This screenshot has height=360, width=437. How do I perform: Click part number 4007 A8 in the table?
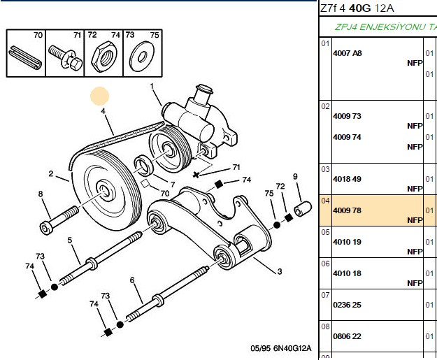click(x=348, y=53)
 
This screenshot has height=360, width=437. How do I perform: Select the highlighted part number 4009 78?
click(x=347, y=210)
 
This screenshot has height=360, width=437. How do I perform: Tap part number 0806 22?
click(x=347, y=336)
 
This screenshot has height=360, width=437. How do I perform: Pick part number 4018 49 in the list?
click(x=347, y=179)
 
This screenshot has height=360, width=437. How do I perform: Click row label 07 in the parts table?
click(x=325, y=295)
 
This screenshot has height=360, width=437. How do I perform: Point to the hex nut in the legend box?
click(x=103, y=57)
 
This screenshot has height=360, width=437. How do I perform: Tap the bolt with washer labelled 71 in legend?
click(x=66, y=57)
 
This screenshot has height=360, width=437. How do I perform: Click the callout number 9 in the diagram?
click(x=295, y=177)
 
